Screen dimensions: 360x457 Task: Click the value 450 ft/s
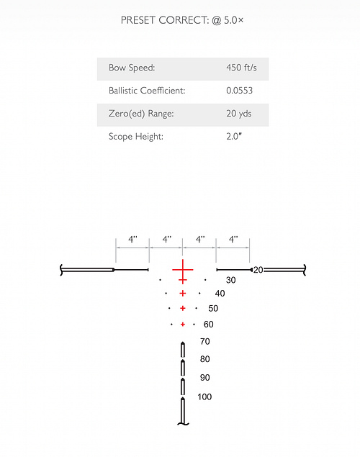click(x=241, y=68)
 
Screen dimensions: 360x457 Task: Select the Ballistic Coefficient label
click(x=147, y=91)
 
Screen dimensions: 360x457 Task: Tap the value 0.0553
click(x=239, y=91)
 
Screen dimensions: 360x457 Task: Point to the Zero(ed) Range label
click(x=141, y=114)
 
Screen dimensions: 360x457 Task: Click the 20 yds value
click(x=239, y=114)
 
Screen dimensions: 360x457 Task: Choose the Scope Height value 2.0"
click(x=234, y=137)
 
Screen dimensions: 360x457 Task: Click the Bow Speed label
click(x=132, y=68)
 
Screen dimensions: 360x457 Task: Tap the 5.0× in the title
click(x=233, y=20)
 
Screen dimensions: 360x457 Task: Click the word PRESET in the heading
click(x=138, y=20)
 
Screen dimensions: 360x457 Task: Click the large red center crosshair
click(x=183, y=270)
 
